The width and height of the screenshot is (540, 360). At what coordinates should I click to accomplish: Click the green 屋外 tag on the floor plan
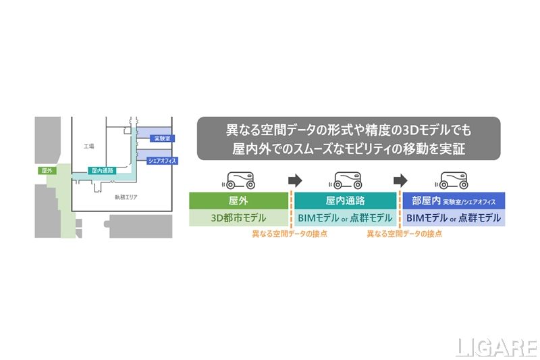tap(47, 170)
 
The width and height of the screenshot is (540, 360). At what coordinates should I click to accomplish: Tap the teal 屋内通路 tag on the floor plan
tap(103, 171)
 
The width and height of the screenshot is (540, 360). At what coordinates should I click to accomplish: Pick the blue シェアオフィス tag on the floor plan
tap(162, 160)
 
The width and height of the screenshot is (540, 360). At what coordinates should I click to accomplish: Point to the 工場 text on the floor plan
tap(89, 146)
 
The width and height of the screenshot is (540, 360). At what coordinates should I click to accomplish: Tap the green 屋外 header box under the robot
tap(238, 201)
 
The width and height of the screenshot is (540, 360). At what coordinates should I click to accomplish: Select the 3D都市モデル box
tap(238, 217)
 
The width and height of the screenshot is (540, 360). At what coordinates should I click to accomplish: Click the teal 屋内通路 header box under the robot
tap(345, 201)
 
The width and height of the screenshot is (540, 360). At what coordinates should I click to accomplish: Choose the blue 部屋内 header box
tap(454, 201)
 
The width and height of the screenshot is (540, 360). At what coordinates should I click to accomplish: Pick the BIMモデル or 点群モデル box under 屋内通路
tap(345, 217)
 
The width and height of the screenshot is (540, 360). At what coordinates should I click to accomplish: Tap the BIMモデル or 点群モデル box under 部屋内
tap(454, 217)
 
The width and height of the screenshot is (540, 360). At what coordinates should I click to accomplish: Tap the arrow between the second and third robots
tap(401, 180)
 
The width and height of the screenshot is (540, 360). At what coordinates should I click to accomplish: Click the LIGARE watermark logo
tap(496, 346)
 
